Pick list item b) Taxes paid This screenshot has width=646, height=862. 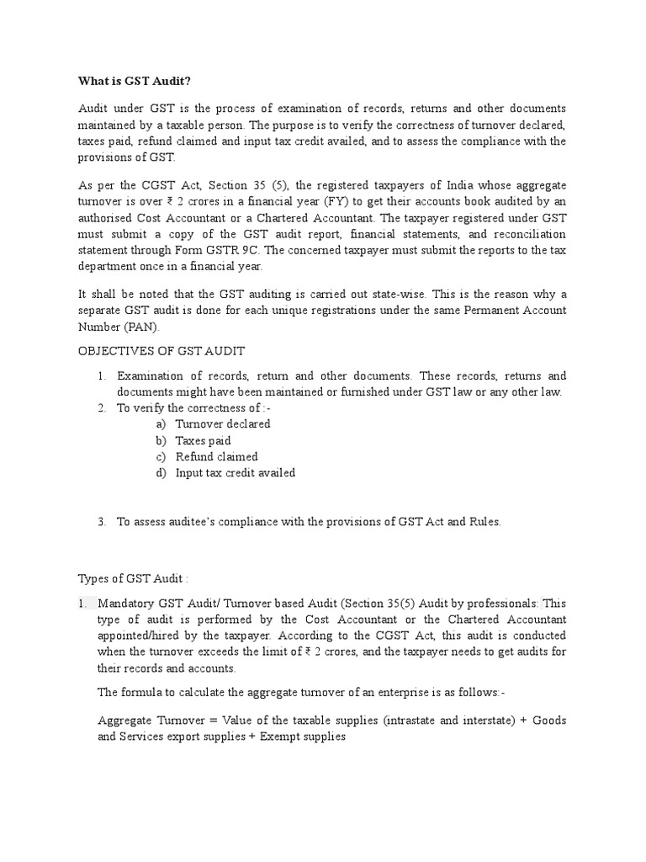coord(203,440)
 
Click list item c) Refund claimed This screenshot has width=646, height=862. coord(216,456)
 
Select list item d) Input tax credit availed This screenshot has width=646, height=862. coord(235,473)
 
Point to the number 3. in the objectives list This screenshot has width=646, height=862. coord(101,522)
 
